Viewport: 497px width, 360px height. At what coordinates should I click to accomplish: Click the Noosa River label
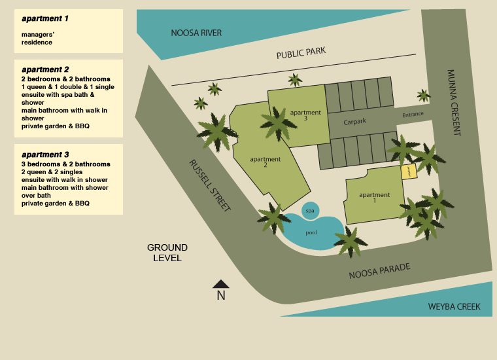196,33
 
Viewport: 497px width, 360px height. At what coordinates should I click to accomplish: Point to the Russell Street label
210,185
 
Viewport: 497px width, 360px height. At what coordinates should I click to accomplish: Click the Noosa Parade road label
379,270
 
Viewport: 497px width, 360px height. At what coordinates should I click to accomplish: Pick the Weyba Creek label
454,306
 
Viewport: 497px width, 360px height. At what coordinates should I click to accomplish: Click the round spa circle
310,210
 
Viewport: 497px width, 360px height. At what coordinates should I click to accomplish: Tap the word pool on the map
312,232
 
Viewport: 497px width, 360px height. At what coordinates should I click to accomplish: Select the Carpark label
356,122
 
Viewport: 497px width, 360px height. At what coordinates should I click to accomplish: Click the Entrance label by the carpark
413,114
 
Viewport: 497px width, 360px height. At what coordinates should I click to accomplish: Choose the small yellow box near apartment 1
409,171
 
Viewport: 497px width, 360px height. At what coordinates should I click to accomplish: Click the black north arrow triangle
221,283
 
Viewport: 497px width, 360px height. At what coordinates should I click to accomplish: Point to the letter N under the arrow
221,296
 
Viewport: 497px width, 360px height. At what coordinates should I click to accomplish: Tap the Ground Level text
167,253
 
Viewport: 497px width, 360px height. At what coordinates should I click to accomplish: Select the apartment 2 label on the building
266,162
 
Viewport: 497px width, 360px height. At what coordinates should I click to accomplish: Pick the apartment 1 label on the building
374,198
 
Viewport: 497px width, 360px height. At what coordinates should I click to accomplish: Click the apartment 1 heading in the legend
45,18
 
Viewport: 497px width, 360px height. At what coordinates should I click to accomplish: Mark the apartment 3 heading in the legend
45,154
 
